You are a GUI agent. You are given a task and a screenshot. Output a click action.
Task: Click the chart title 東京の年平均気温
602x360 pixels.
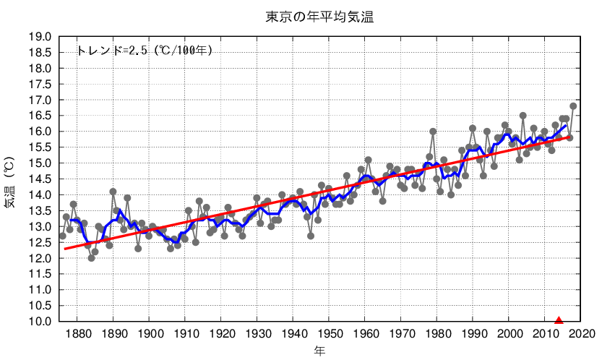(x=319, y=15)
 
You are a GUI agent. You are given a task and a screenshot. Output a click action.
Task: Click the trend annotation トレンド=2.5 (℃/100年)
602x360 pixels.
(x=145, y=51)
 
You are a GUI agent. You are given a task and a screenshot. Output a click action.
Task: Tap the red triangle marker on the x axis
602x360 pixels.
(x=559, y=320)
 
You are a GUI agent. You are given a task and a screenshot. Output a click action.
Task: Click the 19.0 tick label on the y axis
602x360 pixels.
(x=39, y=37)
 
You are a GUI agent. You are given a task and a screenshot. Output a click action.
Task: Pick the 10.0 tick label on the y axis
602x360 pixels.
(x=39, y=322)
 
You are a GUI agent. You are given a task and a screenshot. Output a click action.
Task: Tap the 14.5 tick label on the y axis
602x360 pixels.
(x=39, y=179)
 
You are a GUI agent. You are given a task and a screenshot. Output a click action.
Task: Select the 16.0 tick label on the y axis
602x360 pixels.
(x=39, y=132)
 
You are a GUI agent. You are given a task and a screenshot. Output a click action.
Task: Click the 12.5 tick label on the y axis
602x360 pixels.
(x=39, y=243)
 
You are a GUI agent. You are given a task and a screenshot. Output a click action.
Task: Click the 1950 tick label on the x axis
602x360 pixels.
(x=329, y=334)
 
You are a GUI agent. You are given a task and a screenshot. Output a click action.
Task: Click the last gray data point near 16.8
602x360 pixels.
(x=573, y=106)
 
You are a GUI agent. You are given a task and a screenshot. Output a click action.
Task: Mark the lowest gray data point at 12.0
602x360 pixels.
(x=91, y=258)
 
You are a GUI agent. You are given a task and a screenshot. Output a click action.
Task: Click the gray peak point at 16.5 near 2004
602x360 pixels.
(x=523, y=116)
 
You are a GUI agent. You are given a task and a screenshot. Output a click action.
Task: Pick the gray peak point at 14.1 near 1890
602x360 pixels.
(x=113, y=192)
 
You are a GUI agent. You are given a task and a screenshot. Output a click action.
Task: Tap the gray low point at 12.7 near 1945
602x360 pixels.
(x=311, y=236)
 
